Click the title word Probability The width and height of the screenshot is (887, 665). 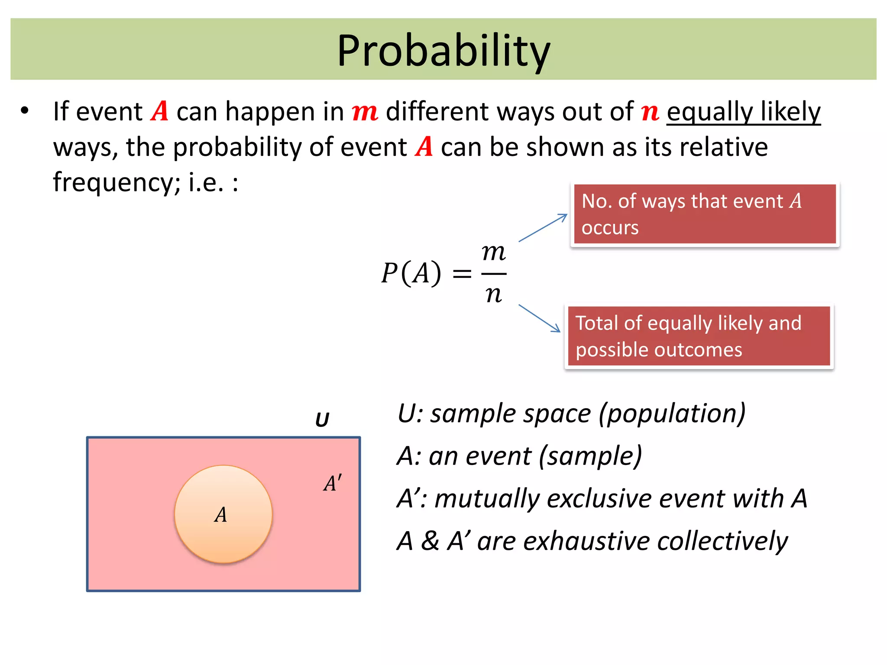(x=443, y=51)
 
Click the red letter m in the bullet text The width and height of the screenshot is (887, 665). (x=365, y=112)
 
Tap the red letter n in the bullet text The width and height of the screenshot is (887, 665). (x=650, y=112)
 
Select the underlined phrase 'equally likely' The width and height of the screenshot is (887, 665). (x=743, y=112)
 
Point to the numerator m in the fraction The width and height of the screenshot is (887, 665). (x=493, y=252)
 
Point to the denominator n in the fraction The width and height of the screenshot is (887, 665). (x=493, y=294)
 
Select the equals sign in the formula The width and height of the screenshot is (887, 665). (x=462, y=274)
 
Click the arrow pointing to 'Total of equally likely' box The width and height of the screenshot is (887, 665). (x=540, y=318)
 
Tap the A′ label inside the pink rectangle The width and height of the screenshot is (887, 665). (x=332, y=483)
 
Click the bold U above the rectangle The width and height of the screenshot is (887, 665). (x=322, y=420)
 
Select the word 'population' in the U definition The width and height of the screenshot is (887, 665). (x=672, y=413)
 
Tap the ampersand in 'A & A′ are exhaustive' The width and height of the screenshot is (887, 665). (x=430, y=541)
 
